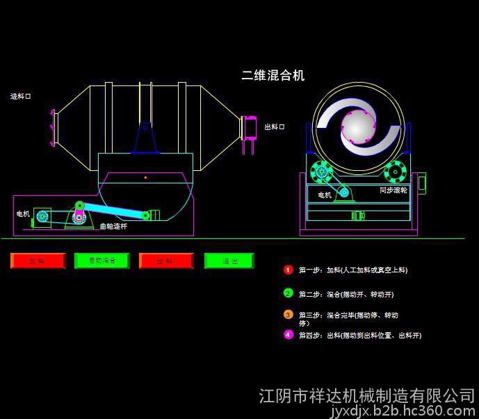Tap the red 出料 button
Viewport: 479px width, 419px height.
pyautogui.click(x=165, y=261)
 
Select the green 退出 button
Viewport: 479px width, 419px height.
pyautogui.click(x=229, y=261)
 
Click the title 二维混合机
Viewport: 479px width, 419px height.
pyautogui.click(x=273, y=76)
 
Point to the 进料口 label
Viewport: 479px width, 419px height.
pyautogui.click(x=21, y=96)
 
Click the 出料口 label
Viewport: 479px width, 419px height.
pyautogui.click(x=274, y=126)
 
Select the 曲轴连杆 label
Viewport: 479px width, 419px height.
pyautogui.click(x=113, y=227)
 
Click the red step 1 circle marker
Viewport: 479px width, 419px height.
pyautogui.click(x=289, y=270)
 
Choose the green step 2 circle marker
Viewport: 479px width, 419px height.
pyautogui.click(x=289, y=293)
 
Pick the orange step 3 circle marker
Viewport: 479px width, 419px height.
pyautogui.click(x=289, y=315)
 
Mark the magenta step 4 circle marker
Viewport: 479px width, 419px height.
pyautogui.click(x=289, y=334)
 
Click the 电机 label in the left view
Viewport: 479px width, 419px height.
pyautogui.click(x=23, y=214)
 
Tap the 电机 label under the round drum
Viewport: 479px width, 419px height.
pyautogui.click(x=325, y=195)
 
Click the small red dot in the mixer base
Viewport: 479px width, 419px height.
pyautogui.click(x=145, y=178)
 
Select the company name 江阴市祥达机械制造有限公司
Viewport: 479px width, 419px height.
pyautogui.click(x=366, y=396)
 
